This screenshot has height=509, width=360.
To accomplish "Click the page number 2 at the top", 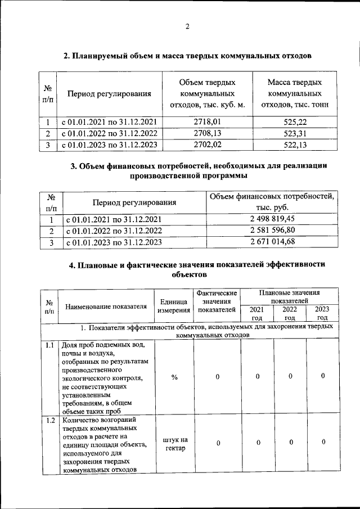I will pyautogui.click(x=188, y=26).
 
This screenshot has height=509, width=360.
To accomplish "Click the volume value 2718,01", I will pyautogui.click(x=207, y=121).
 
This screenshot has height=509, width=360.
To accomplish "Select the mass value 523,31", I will pyautogui.click(x=295, y=133).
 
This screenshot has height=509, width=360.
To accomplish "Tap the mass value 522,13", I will pyautogui.click(x=295, y=145).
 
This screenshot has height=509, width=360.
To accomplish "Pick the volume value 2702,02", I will pyautogui.click(x=207, y=145).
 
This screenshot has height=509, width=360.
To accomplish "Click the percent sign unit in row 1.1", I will pyautogui.click(x=174, y=376).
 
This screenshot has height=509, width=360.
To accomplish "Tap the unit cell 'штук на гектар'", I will pyautogui.click(x=174, y=443).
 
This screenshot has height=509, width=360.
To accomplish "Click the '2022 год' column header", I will pyautogui.click(x=290, y=313).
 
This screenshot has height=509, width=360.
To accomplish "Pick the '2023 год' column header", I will pyautogui.click(x=322, y=313).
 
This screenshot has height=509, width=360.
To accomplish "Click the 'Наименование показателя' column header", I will pyautogui.click(x=106, y=307).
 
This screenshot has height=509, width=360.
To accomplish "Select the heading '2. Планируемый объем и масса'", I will pyautogui.click(x=187, y=55).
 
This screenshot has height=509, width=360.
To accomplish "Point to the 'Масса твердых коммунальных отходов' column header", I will pyautogui.click(x=295, y=93).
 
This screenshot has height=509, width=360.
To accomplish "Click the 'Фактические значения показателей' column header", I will pyautogui.click(x=217, y=301).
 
